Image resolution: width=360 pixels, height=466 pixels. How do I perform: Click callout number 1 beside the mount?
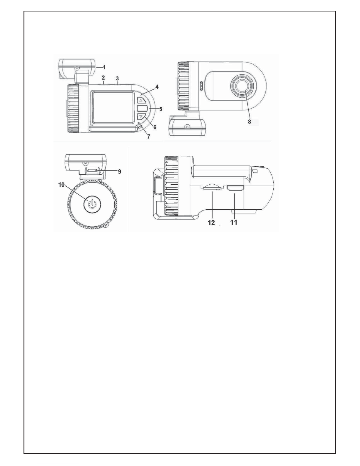pyautogui.click(x=104, y=67)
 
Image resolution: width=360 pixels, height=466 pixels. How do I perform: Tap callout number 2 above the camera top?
pyautogui.click(x=103, y=77)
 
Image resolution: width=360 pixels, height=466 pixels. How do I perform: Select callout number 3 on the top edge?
pyautogui.click(x=118, y=78)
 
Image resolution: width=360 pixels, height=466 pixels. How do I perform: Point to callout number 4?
pyautogui.click(x=157, y=87)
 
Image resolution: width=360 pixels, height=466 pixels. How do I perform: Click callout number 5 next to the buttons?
pyautogui.click(x=161, y=109)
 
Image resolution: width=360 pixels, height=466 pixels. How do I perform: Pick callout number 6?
pyautogui.click(x=155, y=127)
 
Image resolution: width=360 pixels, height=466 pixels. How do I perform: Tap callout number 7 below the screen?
pyautogui.click(x=149, y=136)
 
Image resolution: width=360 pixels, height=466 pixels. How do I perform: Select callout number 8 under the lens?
pyautogui.click(x=250, y=122)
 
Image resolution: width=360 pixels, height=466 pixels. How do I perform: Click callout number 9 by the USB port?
pyautogui.click(x=120, y=172)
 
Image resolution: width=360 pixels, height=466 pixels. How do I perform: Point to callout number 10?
pyautogui.click(x=61, y=185)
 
